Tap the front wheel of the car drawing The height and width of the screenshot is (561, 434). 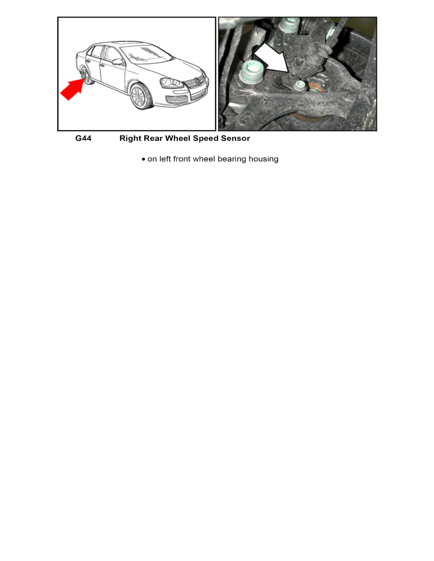[x=140, y=97]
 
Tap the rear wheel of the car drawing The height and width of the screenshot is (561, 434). [x=86, y=76]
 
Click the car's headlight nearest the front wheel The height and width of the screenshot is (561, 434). [x=171, y=84]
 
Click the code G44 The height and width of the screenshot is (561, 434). [x=83, y=138]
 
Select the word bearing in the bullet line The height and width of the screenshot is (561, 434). [x=233, y=159]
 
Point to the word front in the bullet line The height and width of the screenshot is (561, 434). [x=183, y=159]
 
